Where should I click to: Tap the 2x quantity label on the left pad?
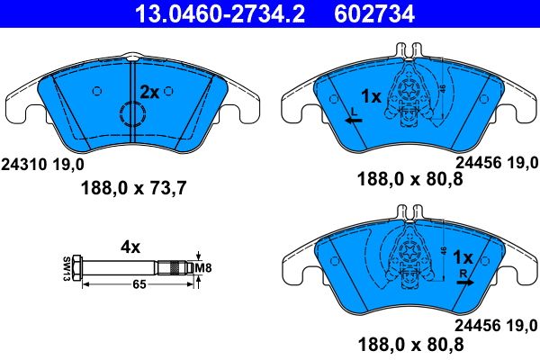point(148,91)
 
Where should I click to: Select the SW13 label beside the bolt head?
point(66,268)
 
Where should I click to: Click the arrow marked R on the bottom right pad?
point(463,281)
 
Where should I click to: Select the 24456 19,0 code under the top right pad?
point(499,163)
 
